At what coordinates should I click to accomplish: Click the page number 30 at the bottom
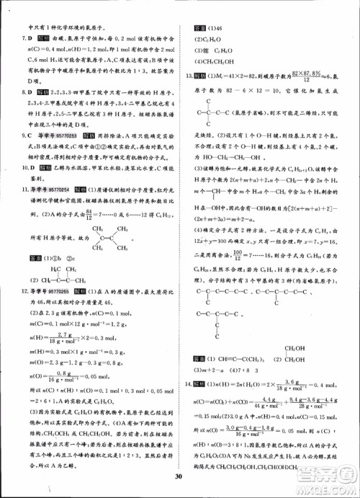pyautogui.click(x=180, y=476)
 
